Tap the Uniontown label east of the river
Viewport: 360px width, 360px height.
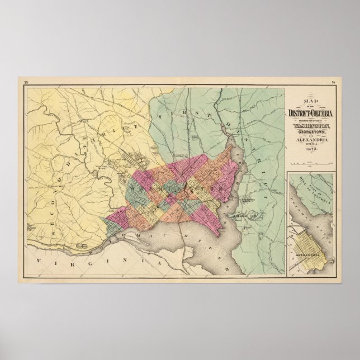tap(249, 200)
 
